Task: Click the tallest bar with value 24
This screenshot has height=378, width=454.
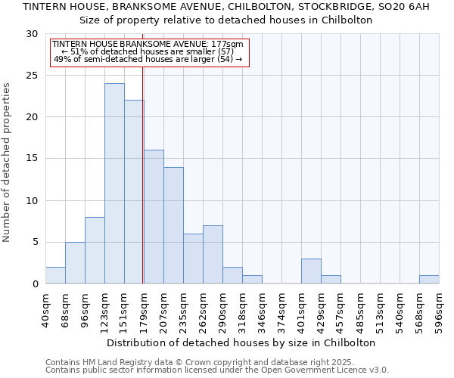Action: [x=114, y=184]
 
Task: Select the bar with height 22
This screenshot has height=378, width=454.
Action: [x=134, y=192]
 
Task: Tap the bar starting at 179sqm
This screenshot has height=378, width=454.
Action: [x=154, y=217]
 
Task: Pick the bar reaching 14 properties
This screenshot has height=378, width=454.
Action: [x=173, y=225]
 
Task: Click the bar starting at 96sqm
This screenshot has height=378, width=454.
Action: [x=95, y=250]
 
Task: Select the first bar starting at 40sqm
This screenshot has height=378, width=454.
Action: [x=55, y=275]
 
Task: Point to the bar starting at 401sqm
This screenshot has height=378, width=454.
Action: [x=311, y=271]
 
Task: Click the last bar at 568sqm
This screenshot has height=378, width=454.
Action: [x=429, y=280]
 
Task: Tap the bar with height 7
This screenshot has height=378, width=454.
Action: [x=213, y=255]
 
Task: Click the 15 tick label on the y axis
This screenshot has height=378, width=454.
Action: [x=32, y=159]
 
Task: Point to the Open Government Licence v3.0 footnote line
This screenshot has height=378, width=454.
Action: [x=217, y=370]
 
